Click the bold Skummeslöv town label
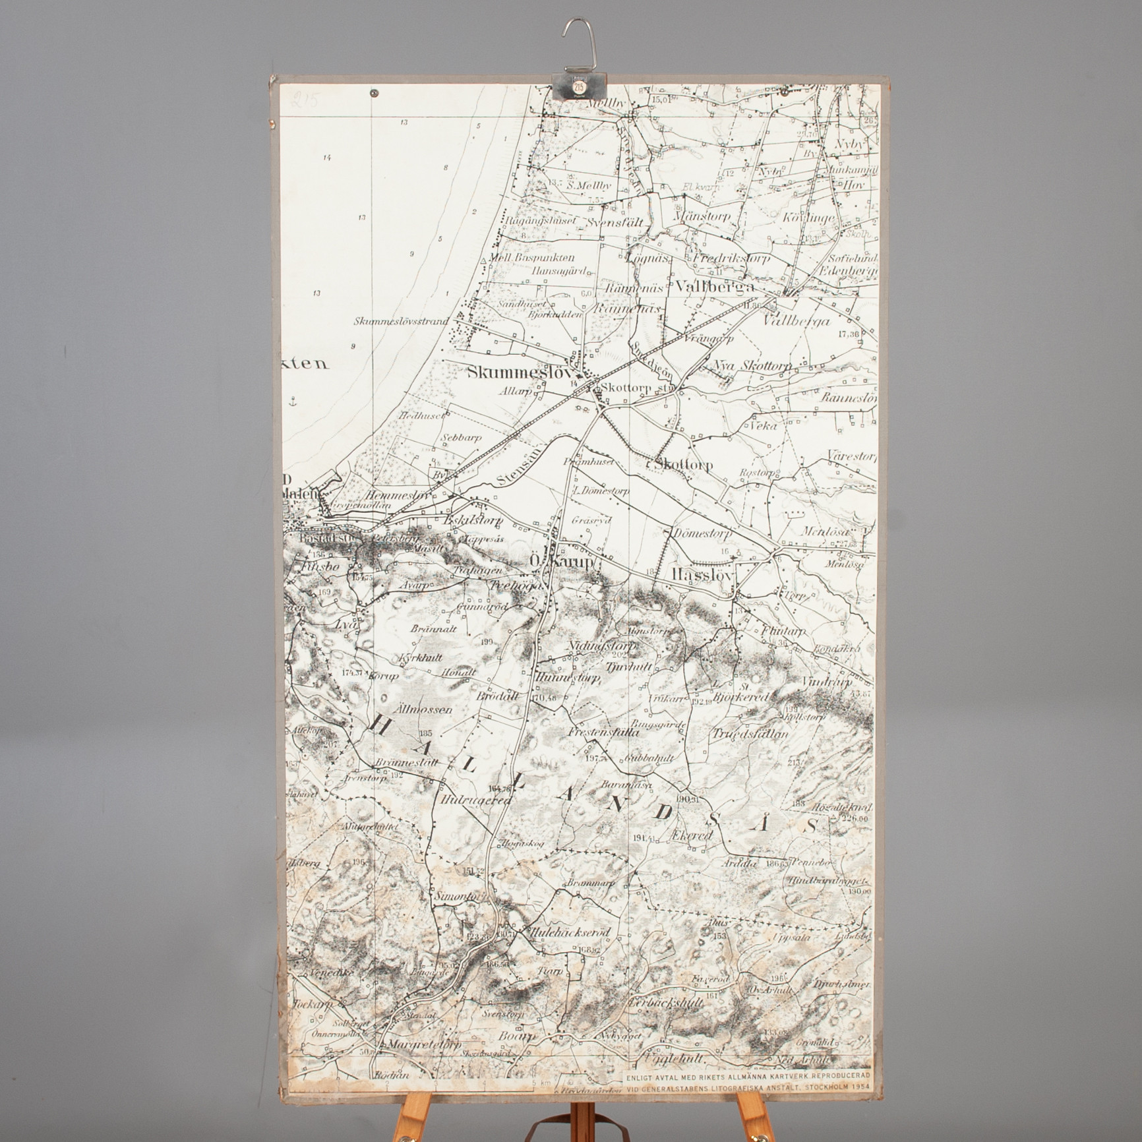click(518, 373)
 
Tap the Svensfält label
click(614, 222)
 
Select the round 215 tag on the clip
click(578, 86)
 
